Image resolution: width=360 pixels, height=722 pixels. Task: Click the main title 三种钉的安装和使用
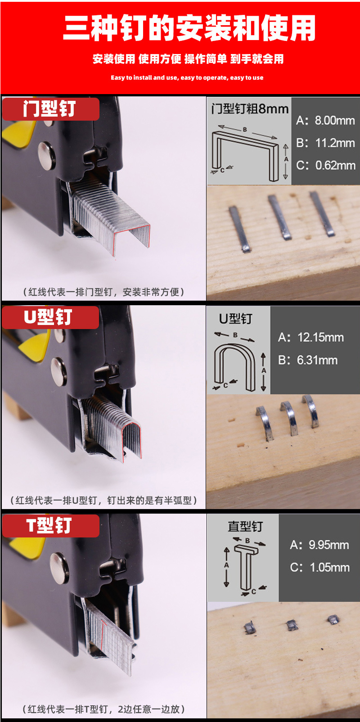[x=189, y=28]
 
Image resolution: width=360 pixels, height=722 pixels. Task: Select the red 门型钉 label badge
[x=50, y=109]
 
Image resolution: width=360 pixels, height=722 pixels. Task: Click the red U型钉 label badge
[x=50, y=317]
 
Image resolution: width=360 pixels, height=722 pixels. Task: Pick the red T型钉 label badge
[x=50, y=526]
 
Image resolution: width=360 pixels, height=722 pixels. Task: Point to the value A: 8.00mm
[x=325, y=121]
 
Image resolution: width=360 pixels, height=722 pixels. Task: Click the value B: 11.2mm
[x=325, y=143]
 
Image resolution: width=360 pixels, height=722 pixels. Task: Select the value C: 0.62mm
[x=325, y=165]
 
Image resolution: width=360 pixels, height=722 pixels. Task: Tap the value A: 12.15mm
[x=310, y=338]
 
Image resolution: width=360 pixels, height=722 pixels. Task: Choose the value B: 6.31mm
[x=308, y=360]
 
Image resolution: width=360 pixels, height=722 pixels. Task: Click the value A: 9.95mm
[x=319, y=545]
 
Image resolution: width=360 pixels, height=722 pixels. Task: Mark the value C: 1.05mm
[x=319, y=567]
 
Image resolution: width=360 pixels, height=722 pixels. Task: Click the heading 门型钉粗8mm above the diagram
[x=250, y=109]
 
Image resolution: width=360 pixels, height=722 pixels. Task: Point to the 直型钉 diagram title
[x=245, y=526]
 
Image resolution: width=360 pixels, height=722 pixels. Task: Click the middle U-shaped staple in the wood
[x=289, y=418]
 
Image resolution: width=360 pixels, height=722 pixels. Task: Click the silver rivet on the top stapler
[x=46, y=156]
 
